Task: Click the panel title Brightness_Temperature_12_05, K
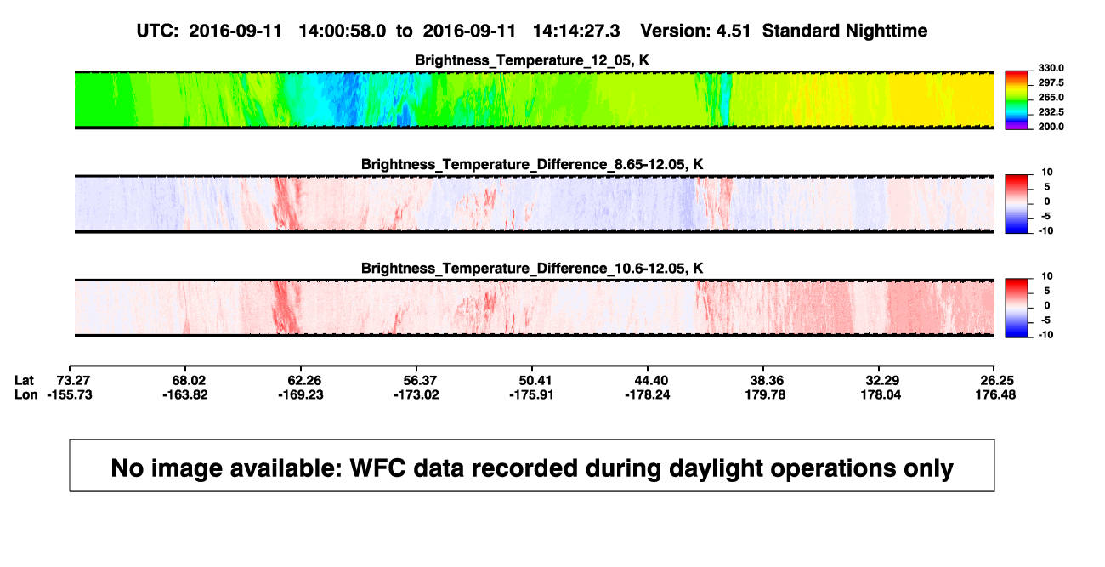coord(532,60)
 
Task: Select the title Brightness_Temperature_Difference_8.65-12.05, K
coord(532,164)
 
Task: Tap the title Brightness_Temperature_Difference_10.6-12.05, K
coord(532,269)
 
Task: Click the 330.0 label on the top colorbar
coord(1051,68)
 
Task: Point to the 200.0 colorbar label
coord(1051,127)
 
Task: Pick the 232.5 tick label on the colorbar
coord(1051,112)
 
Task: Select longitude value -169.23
coord(301,395)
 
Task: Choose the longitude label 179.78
coord(765,395)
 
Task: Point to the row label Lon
coord(26,395)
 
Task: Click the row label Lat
coord(24,381)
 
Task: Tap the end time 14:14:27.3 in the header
coord(576,31)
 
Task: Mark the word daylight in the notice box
coord(714,468)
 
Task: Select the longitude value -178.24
coord(647,395)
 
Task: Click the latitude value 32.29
coord(882,381)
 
